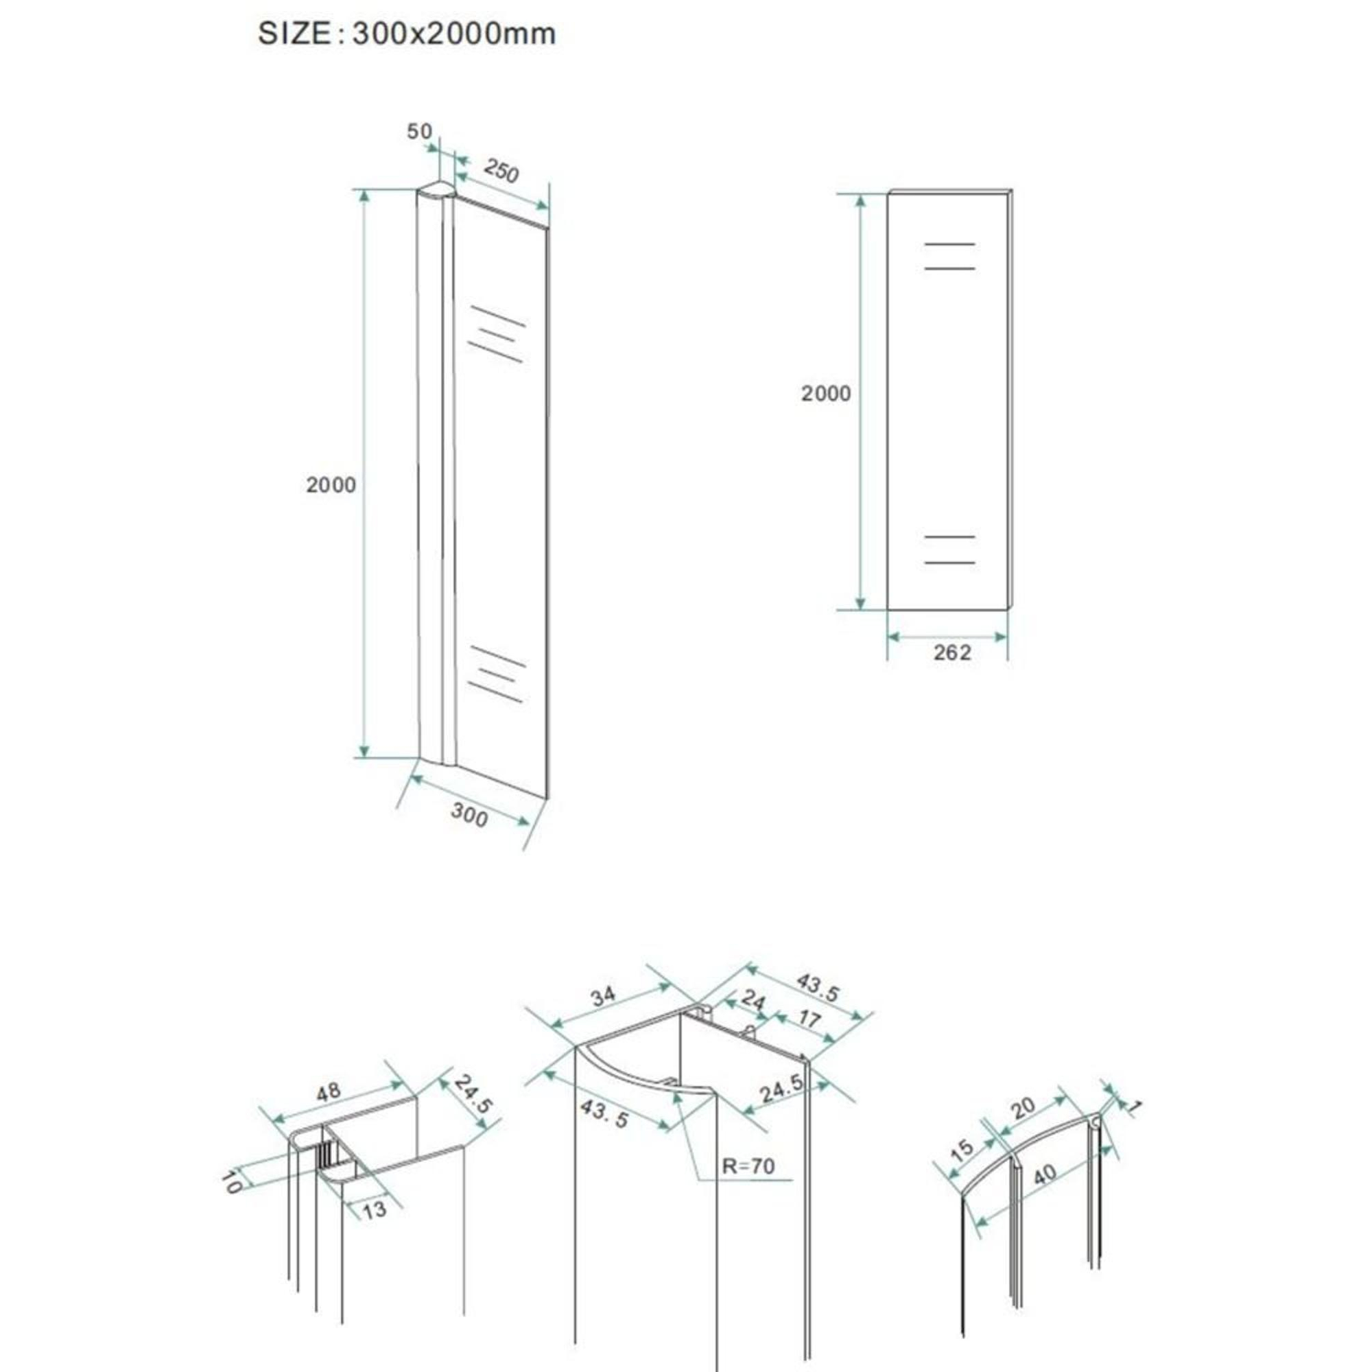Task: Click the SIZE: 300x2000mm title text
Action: (407, 34)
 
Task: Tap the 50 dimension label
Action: (419, 132)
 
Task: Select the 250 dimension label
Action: (501, 170)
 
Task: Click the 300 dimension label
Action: (469, 816)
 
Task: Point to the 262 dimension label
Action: (951, 652)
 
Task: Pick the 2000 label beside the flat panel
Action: (826, 393)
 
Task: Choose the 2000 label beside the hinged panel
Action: (331, 485)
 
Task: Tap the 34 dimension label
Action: (603, 997)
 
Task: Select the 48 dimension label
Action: (328, 1091)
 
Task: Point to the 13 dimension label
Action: (375, 1209)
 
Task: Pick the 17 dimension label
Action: (809, 1020)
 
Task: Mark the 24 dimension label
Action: (753, 1002)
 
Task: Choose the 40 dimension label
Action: (1045, 1176)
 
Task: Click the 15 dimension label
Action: (962, 1150)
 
